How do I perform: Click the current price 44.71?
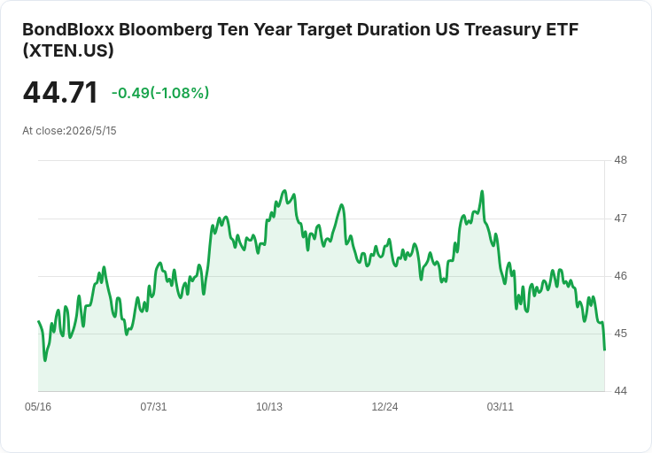coord(60,92)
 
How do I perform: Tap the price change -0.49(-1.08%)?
coord(160,93)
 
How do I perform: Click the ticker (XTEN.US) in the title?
coord(68,50)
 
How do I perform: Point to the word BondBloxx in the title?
coord(68,29)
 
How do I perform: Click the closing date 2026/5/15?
coord(91,131)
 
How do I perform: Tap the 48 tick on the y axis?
coord(620,160)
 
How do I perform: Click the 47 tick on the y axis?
coord(620,218)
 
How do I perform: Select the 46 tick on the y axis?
coord(620,276)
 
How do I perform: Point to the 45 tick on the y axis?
coord(620,334)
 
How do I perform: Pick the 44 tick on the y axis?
coord(620,391)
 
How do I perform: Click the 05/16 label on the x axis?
coord(38,406)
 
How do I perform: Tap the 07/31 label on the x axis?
coord(153,406)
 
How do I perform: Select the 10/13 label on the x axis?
coord(269,406)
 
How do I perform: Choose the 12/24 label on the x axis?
coord(384,406)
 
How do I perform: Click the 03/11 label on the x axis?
coord(501,406)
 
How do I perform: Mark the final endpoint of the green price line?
coord(604,349)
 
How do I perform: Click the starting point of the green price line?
coord(39,321)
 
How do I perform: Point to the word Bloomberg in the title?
coord(166,29)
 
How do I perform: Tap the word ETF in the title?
coord(563,29)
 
